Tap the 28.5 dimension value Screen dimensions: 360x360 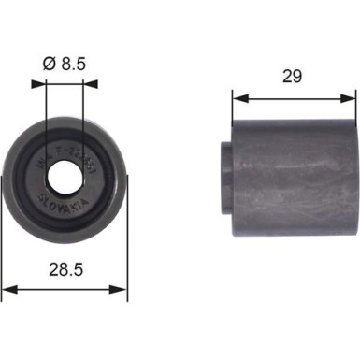(65, 271)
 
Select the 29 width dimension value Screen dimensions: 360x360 (294, 78)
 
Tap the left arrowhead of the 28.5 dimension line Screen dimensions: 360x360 (7, 289)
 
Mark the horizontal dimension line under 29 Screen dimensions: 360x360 (294, 96)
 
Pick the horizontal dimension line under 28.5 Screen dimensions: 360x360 (65, 289)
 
